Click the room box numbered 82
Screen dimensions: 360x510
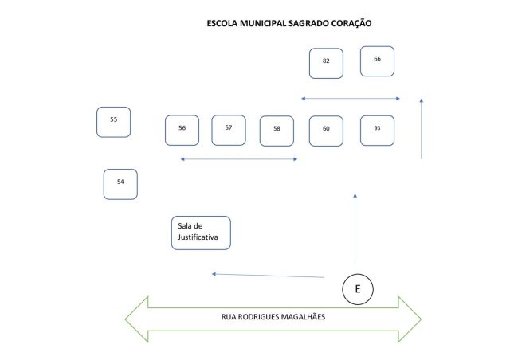(x=326, y=63)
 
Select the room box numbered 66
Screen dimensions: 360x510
(x=377, y=61)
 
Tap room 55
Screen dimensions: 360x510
(x=113, y=122)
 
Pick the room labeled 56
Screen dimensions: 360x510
(x=182, y=130)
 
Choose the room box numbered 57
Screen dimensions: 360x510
(x=229, y=130)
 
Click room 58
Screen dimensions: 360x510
(x=277, y=131)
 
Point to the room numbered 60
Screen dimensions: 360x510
(x=326, y=130)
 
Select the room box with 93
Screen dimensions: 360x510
(x=377, y=130)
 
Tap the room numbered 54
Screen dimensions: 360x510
(x=120, y=184)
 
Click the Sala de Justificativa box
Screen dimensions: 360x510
(x=201, y=233)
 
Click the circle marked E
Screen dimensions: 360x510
(x=357, y=289)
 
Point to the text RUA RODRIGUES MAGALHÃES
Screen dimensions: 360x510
(x=273, y=317)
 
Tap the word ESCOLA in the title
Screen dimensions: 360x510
(x=223, y=24)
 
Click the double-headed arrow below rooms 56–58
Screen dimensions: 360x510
(x=239, y=160)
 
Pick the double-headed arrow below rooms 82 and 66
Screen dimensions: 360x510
(x=351, y=99)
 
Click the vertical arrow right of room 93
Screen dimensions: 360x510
(x=421, y=128)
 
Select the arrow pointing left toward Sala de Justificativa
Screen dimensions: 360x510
(x=268, y=276)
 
